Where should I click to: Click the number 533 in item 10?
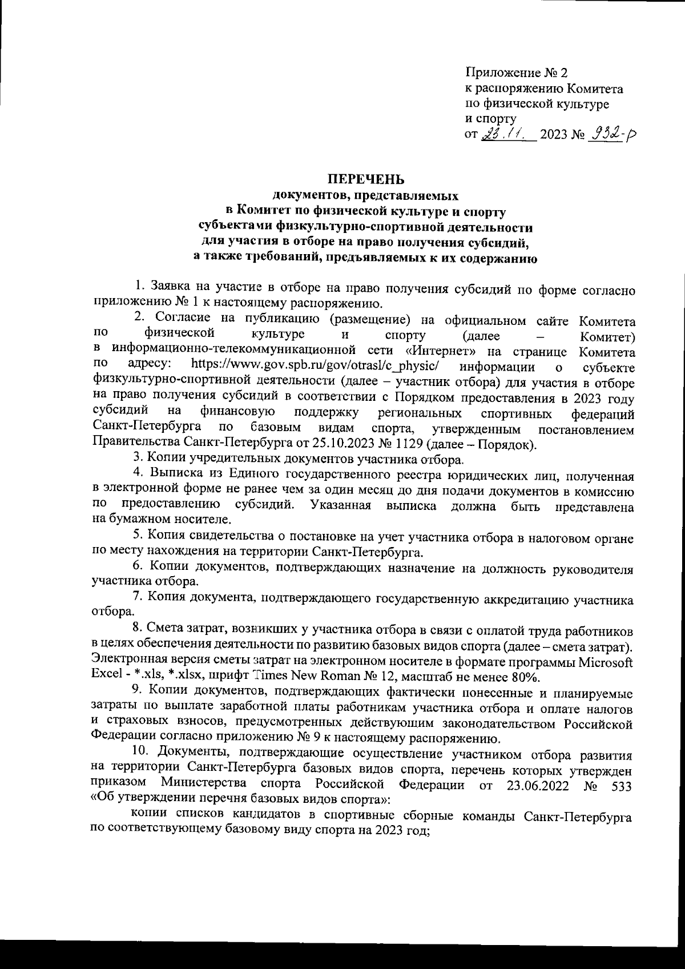pos(621,786)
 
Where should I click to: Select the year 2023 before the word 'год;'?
pos(389,831)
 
